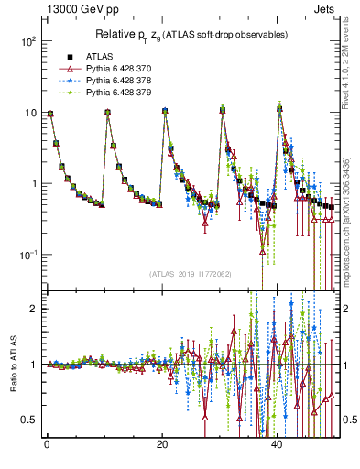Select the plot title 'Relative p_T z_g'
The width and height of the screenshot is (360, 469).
(x=191, y=34)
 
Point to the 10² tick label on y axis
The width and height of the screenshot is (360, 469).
(x=27, y=42)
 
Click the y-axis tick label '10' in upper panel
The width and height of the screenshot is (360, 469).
(x=30, y=113)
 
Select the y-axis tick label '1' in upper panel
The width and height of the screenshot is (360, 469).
(x=33, y=183)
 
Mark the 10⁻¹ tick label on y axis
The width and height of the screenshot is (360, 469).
(x=27, y=254)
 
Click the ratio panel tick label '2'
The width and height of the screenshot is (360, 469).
(x=33, y=309)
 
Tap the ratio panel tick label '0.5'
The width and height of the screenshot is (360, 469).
(x=28, y=420)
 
